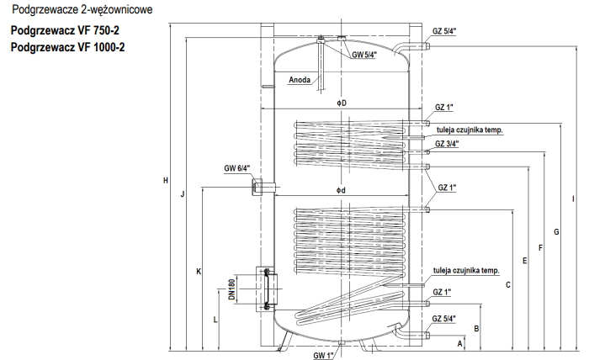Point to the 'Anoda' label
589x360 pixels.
point(299,81)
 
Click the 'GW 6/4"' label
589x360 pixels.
point(236,168)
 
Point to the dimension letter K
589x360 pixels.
point(199,271)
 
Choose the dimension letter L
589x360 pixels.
point(215,320)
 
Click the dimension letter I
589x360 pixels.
point(573,199)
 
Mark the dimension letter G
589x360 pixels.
point(556,230)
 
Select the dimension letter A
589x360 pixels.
point(460,344)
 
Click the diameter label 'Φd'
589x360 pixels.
point(341,190)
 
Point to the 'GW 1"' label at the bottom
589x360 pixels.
point(324,356)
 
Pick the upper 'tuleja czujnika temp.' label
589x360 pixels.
point(470,130)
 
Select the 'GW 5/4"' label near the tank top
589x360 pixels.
point(363,55)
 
